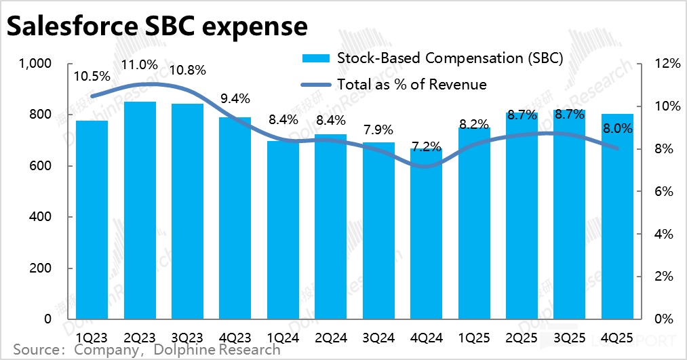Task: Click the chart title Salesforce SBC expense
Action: coord(157,27)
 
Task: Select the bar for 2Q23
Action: coord(140,210)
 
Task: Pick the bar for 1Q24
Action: coord(283,231)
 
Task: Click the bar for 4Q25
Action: coord(617,217)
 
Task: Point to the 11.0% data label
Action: coord(141,65)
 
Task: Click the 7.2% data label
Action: coord(427,146)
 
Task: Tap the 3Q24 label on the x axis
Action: coord(378,336)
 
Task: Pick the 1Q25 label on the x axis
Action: coord(474,336)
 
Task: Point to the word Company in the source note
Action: coord(102,350)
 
